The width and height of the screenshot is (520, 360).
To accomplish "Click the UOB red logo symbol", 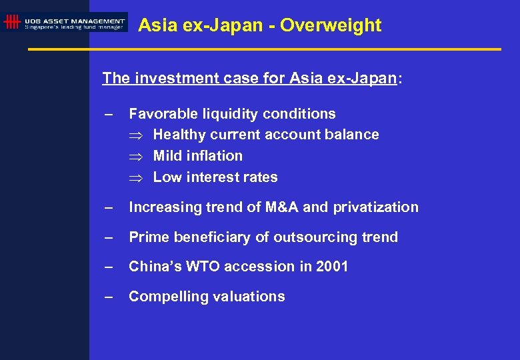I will (11, 23).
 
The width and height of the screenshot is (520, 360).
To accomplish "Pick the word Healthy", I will (179, 135).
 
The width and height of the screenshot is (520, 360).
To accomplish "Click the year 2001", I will (332, 267).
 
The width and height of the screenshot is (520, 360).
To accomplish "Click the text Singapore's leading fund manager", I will (74, 27).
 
